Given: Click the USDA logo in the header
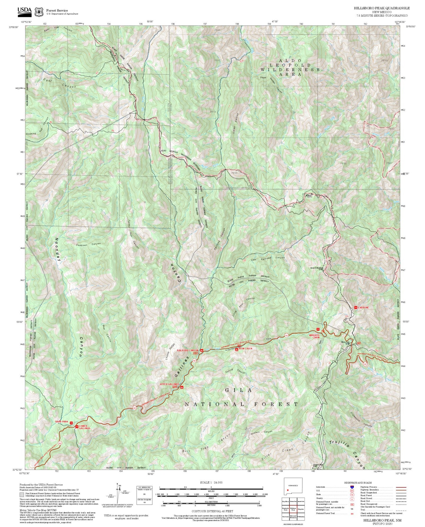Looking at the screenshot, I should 24,11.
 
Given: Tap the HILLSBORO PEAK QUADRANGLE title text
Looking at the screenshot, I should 381,8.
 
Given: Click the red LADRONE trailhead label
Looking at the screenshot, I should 363,308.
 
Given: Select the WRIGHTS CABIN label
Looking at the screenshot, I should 314,336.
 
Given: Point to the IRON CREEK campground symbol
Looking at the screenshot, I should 237,349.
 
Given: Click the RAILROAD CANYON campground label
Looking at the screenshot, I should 188,350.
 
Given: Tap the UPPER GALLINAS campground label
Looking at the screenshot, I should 169,384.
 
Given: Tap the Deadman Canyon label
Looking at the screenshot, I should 88,244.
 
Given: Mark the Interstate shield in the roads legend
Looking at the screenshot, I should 352,487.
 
